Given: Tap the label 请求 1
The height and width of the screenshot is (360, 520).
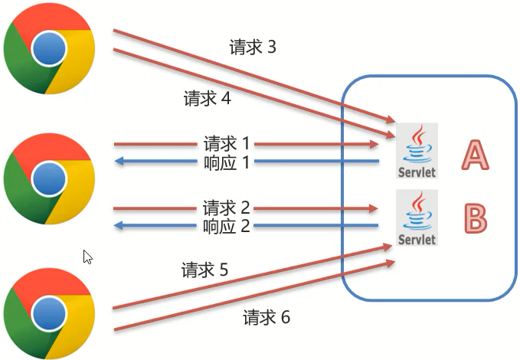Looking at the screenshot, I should coord(227,143).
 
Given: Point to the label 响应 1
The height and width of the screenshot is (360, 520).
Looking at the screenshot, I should coord(227,162).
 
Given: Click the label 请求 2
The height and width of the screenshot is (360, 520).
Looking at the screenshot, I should coord(227,208).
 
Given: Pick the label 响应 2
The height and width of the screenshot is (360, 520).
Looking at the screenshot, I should coord(227,226).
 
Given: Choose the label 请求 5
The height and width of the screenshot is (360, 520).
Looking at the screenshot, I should coord(204,270).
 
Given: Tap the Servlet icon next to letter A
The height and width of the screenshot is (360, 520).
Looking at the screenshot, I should coord(417,151).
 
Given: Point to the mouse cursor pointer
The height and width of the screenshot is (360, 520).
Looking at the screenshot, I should coord(87,257).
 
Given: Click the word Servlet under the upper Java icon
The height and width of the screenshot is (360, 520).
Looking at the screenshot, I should coord(417,172).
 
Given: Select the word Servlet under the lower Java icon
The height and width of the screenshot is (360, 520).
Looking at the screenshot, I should coord(417,240).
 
